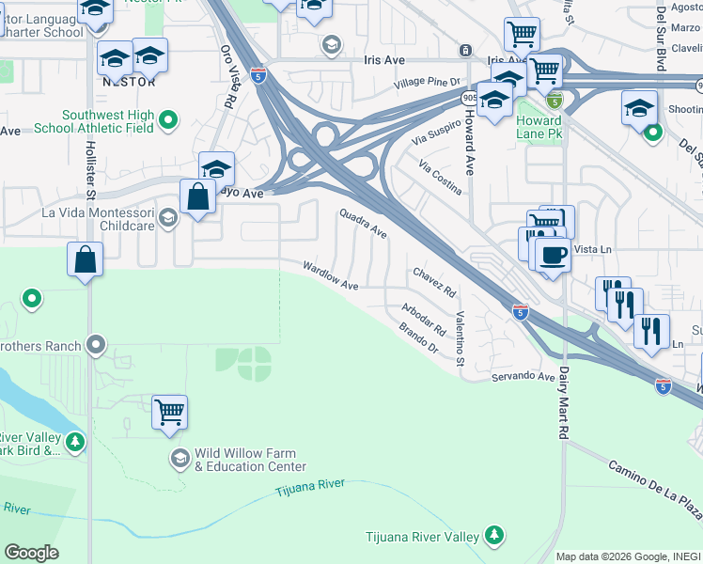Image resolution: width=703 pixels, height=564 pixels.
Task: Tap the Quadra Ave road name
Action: click(363, 223)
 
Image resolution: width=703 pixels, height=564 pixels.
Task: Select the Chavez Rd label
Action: click(434, 279)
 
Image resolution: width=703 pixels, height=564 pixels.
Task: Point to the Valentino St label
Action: click(461, 338)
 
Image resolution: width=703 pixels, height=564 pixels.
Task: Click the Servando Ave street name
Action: click(523, 376)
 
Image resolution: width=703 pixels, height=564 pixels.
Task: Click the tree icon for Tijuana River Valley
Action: click(494, 536)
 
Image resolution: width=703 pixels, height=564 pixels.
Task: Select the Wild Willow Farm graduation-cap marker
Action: click(180, 458)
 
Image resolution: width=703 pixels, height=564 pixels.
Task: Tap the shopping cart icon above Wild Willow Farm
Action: click(169, 411)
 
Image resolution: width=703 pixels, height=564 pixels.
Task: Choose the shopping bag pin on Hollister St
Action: click(85, 258)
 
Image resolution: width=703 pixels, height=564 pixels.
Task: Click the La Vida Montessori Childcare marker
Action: click(168, 219)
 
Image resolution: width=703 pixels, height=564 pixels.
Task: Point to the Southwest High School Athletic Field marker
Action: click(168, 119)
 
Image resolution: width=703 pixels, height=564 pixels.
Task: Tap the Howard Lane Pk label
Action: click(539, 127)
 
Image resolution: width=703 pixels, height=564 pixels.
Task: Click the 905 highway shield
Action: click(468, 97)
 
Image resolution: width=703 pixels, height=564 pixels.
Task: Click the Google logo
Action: click(31, 553)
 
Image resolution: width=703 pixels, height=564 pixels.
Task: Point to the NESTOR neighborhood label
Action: click(125, 82)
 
